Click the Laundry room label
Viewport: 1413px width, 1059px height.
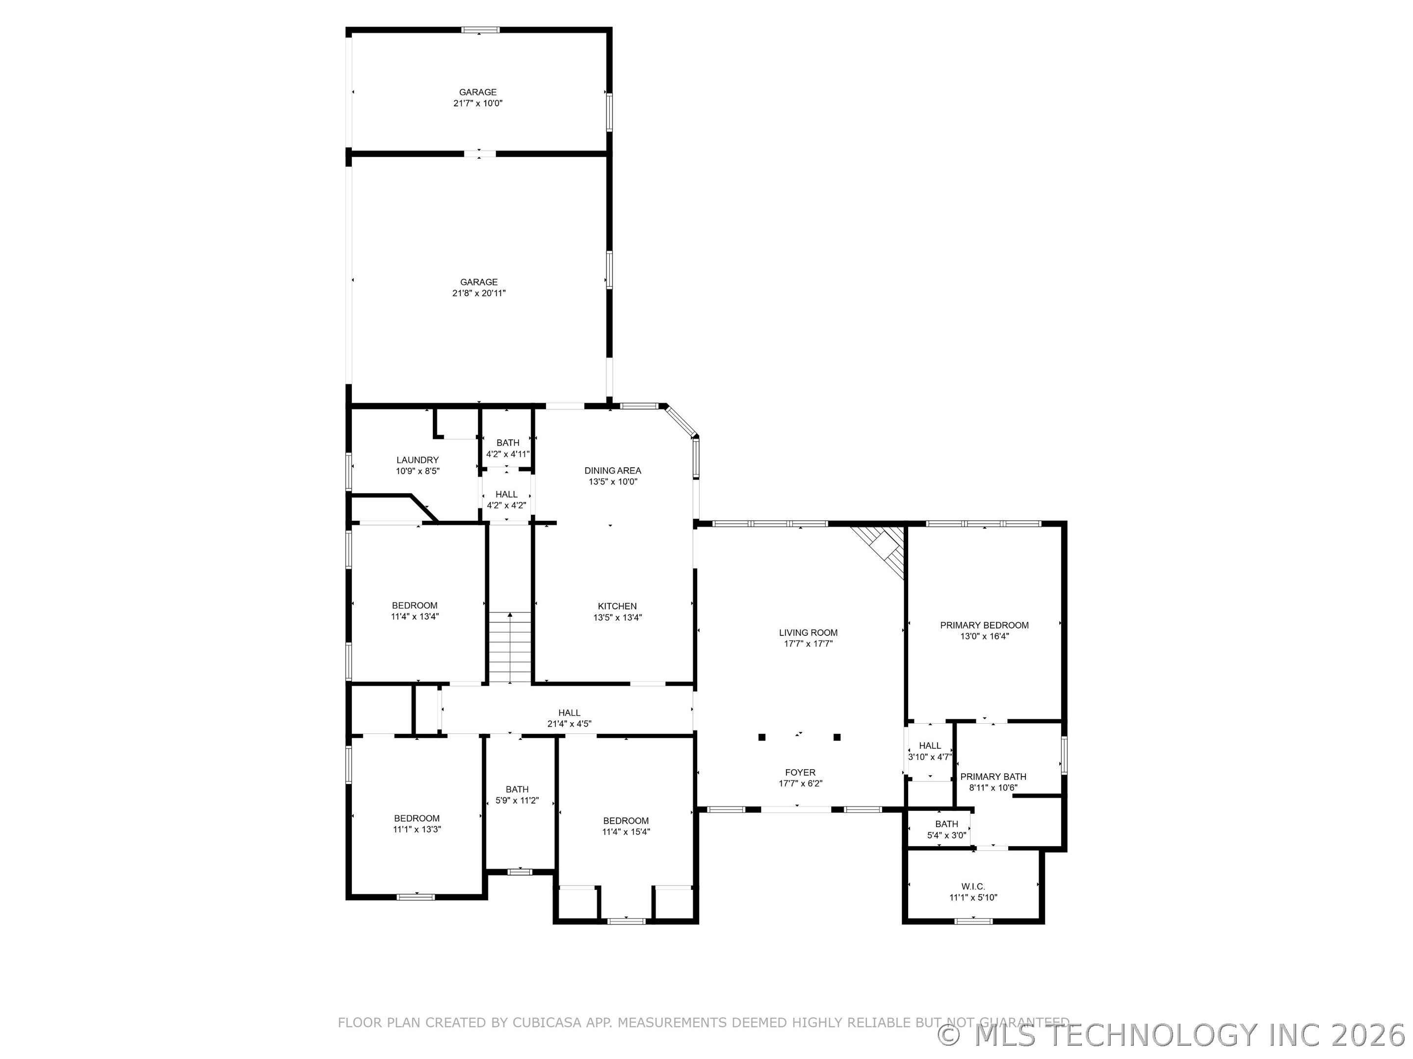(x=418, y=459)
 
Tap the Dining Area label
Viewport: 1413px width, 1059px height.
(x=613, y=471)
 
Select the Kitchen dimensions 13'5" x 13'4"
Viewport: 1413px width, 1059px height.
(x=617, y=617)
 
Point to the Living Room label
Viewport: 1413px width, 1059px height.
(x=808, y=632)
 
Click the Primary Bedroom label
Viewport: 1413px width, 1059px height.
(x=984, y=625)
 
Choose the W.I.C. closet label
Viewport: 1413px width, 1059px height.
(x=973, y=886)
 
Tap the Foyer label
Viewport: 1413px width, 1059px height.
(x=800, y=772)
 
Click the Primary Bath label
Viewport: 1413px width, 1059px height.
(x=994, y=776)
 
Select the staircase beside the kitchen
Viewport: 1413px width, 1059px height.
(x=510, y=647)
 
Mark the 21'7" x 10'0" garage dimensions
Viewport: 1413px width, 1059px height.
(x=478, y=103)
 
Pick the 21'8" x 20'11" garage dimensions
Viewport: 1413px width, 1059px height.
(x=479, y=293)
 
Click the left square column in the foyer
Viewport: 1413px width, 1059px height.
(x=761, y=737)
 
